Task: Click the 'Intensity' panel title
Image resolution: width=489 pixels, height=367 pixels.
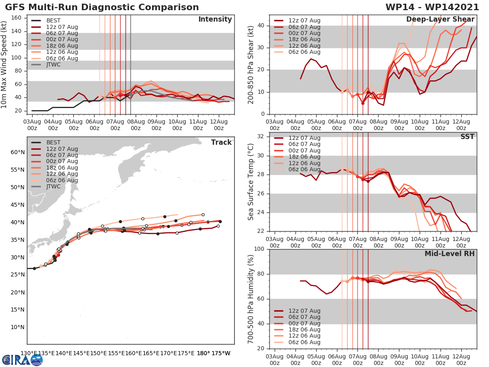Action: click(x=215, y=20)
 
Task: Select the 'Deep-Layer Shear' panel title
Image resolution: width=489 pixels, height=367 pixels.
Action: click(x=440, y=20)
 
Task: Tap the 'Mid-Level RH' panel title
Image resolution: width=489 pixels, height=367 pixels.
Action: click(x=449, y=254)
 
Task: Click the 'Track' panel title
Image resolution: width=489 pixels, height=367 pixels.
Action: click(x=221, y=142)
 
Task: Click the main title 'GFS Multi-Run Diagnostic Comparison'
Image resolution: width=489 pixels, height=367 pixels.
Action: click(x=102, y=7)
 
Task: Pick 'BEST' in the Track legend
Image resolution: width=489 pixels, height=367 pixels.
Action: click(x=53, y=142)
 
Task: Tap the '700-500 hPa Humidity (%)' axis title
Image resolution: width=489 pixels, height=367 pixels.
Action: click(x=251, y=298)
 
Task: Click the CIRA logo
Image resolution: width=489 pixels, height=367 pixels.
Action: click(x=22, y=360)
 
